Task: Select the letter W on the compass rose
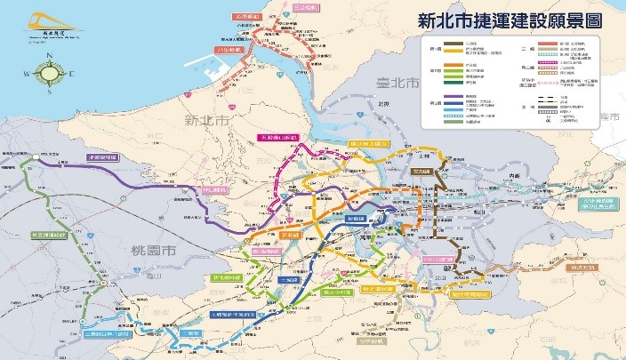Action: tap(28, 78)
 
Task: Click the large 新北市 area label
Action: tap(204, 118)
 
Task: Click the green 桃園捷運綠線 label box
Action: tap(44, 235)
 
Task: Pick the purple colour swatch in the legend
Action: tap(448, 100)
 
